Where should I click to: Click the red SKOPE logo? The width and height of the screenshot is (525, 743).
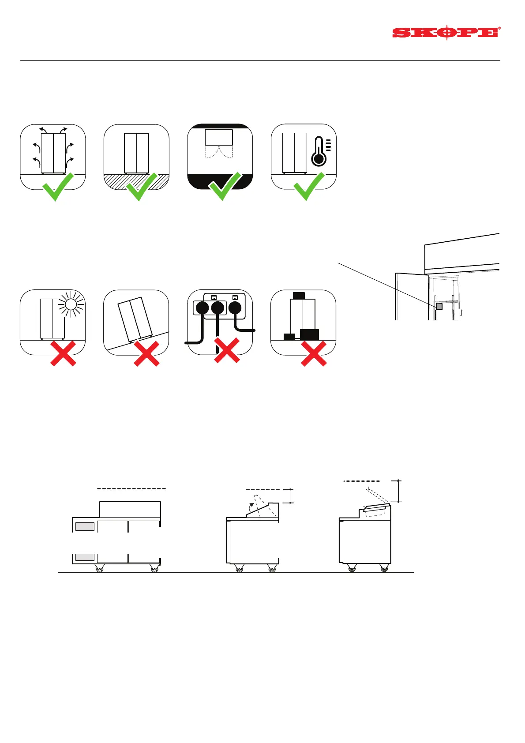point(446,32)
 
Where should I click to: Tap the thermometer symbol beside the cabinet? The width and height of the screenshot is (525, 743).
point(319,151)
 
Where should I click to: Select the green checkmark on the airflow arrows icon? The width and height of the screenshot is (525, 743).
point(58,187)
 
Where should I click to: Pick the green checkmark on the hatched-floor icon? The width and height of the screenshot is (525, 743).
point(142,187)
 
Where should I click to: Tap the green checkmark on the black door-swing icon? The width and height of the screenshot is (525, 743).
point(225,187)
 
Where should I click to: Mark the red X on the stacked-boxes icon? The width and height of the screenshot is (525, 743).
point(314,353)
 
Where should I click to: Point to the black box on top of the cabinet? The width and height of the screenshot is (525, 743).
point(299,295)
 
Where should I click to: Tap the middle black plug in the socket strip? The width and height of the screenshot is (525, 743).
point(217,308)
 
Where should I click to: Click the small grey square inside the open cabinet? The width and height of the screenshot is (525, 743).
point(439,306)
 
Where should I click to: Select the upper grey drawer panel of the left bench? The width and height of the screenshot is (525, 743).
point(85,526)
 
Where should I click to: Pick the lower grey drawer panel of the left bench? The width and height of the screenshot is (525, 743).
point(85,557)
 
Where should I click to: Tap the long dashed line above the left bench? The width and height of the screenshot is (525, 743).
point(131,488)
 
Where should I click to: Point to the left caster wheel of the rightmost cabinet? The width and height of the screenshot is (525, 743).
point(352,568)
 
